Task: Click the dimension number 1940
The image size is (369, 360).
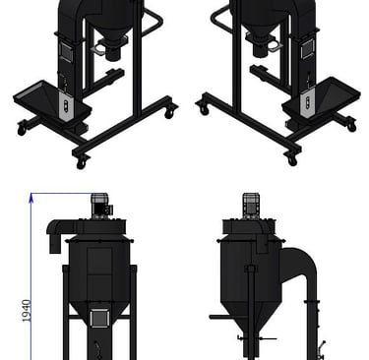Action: tap(27, 311)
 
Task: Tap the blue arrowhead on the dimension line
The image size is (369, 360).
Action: tap(31, 198)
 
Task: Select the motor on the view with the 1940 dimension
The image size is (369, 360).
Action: tap(100, 206)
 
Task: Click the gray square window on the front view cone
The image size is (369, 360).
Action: tap(99, 318)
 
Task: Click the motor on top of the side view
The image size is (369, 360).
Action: tap(251, 206)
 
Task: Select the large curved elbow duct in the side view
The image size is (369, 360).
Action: tap(299, 268)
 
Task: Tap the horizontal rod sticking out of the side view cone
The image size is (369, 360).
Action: tap(220, 317)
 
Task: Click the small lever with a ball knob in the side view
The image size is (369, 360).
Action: tap(322, 347)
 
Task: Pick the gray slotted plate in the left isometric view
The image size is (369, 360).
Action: tap(66, 105)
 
